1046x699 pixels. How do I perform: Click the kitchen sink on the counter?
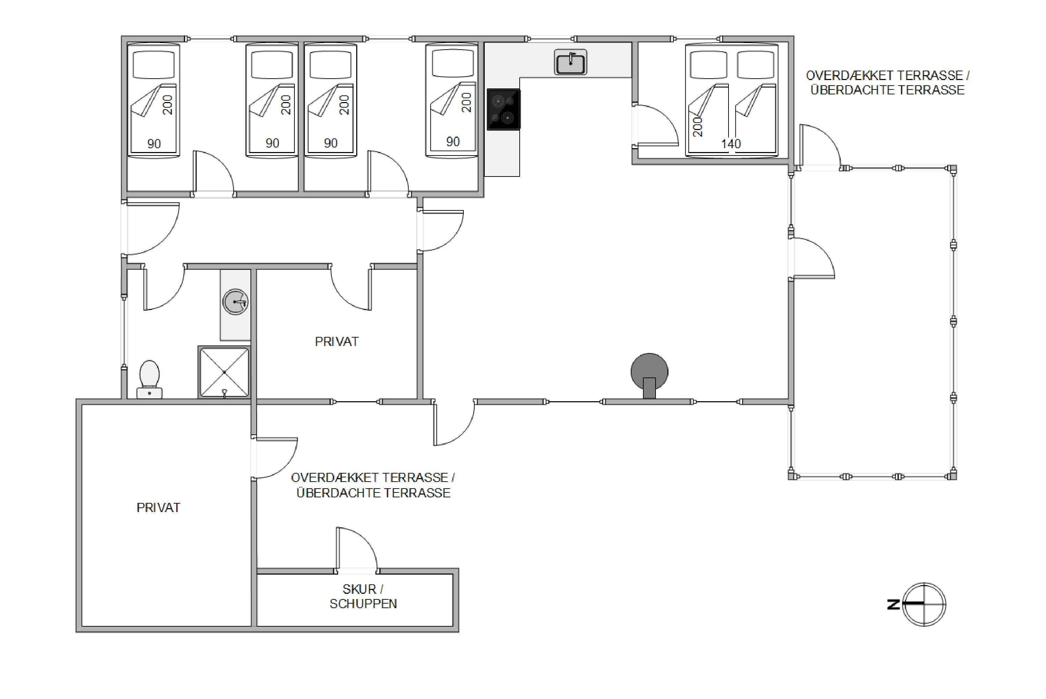tap(570, 62)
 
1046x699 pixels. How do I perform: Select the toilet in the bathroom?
tap(150, 379)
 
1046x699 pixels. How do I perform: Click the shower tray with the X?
tap(224, 372)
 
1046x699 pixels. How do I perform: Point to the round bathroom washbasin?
tap(235, 302)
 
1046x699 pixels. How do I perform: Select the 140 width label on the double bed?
tap(731, 144)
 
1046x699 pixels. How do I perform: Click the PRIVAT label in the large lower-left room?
tap(158, 508)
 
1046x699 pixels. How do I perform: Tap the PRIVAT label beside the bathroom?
tap(337, 341)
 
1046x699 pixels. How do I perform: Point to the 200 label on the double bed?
tap(698, 126)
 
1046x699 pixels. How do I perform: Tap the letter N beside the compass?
tap(893, 605)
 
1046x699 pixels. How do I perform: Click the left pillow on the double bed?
tap(709, 65)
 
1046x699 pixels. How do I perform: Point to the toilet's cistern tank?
tap(149, 393)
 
